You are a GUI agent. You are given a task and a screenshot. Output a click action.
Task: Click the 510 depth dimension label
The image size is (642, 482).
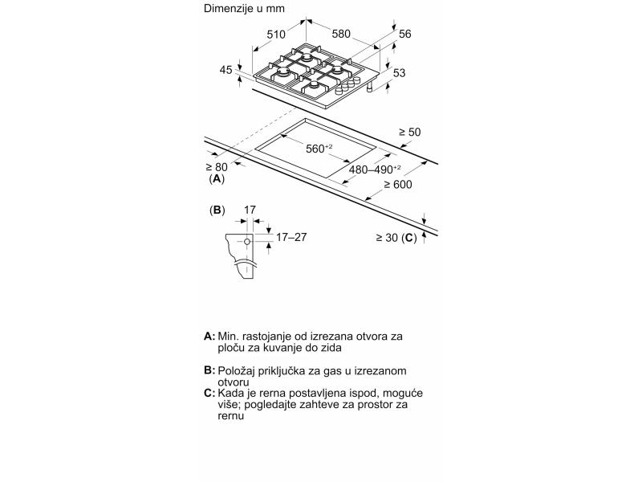tap(276, 35)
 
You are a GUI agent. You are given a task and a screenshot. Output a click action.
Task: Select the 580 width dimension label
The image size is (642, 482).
tap(341, 34)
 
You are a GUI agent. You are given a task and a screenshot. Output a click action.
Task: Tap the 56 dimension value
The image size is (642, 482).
tap(404, 34)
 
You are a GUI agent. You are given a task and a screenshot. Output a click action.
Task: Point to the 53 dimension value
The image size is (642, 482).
tap(399, 72)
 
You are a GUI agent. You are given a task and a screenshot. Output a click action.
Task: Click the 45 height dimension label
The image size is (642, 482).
tap(226, 70)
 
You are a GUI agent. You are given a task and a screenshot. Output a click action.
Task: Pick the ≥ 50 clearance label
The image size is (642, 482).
tap(409, 132)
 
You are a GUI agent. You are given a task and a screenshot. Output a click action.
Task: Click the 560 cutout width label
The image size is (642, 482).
tap(319, 149)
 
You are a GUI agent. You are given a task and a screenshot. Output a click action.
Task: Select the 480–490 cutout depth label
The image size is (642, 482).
tap(375, 170)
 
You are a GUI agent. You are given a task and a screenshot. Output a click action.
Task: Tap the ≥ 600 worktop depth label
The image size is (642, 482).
tap(397, 185)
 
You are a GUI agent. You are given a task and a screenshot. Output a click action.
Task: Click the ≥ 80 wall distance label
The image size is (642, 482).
tap(216, 167)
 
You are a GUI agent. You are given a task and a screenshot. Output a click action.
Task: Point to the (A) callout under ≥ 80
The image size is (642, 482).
tap(217, 178)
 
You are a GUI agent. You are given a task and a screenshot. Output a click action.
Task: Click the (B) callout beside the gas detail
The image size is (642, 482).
tap(217, 210)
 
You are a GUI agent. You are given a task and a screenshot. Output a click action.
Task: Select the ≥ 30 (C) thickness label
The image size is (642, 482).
tap(396, 238)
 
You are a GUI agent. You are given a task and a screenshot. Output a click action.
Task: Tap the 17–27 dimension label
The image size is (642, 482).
tap(291, 237)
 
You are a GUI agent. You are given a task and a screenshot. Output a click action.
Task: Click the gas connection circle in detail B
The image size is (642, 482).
tap(247, 242)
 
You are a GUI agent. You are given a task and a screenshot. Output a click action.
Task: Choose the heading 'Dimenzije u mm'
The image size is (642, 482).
tap(244, 9)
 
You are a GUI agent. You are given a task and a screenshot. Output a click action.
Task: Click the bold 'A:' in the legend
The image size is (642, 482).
tap(209, 336)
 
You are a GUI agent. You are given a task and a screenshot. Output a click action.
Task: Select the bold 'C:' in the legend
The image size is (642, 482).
tap(209, 393)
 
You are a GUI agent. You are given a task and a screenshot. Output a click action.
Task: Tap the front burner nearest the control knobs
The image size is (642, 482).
tap(314, 85)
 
